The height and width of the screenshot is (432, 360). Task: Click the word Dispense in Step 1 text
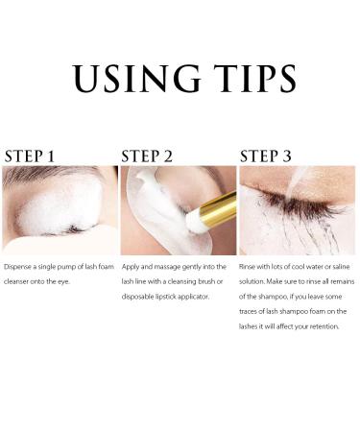tap(22, 265)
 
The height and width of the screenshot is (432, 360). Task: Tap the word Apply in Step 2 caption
tap(132, 265)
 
